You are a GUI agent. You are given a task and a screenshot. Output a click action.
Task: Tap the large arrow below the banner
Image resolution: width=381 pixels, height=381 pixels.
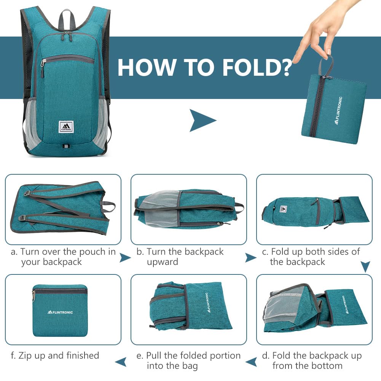point(202,121)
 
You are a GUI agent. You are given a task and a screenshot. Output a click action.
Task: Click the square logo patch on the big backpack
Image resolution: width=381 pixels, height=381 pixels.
point(65,127)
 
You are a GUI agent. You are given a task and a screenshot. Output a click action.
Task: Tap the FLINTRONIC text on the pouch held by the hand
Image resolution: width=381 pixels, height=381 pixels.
point(338,110)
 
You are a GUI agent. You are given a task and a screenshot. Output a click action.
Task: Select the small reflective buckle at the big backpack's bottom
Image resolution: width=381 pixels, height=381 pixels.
point(65,146)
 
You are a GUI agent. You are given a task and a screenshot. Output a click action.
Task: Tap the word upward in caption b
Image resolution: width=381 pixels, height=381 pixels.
point(162,262)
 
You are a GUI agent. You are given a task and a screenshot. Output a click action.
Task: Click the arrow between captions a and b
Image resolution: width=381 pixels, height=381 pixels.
point(125,258)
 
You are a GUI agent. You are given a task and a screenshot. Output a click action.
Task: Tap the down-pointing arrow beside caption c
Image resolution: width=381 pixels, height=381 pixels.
point(365,267)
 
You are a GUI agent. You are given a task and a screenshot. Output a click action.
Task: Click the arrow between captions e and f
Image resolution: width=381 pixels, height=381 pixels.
point(121,362)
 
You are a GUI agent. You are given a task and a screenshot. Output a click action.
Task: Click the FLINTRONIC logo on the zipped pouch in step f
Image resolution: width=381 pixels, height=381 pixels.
point(60,312)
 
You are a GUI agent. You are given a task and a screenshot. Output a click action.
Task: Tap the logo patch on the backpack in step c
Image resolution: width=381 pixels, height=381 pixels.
point(283,208)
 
